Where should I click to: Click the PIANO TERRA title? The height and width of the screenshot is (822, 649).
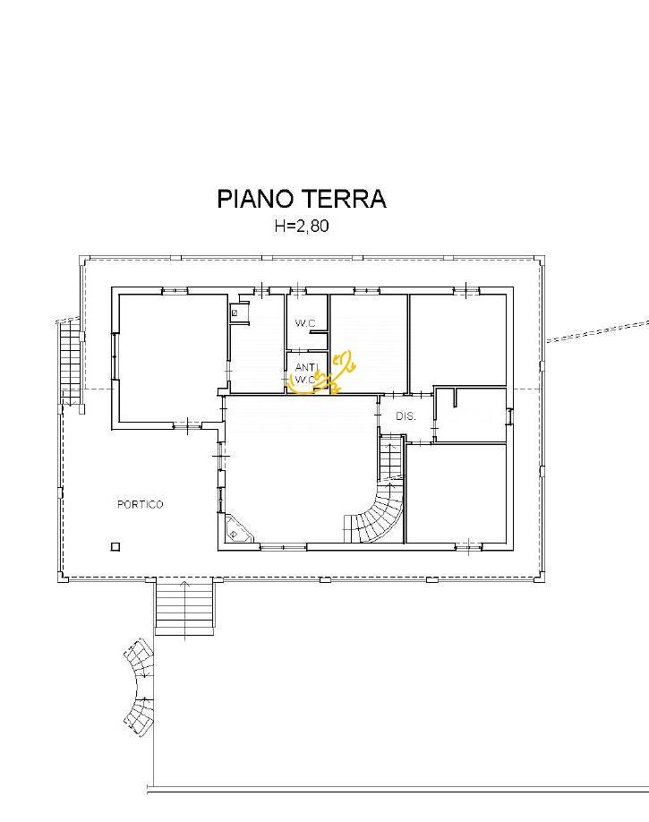tap(302, 199)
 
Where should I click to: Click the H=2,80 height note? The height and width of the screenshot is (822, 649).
tap(302, 226)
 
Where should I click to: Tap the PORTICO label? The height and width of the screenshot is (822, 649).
tap(140, 504)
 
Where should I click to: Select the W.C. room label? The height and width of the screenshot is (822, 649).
tap(305, 323)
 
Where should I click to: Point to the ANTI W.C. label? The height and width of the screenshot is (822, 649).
tap(306, 372)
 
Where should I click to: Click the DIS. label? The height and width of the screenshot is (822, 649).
tap(406, 416)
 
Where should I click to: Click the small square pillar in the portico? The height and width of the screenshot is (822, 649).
tap(115, 547)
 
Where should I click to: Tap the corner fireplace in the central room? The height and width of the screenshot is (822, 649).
tap(238, 529)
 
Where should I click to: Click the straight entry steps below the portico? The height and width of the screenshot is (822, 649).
tap(184, 606)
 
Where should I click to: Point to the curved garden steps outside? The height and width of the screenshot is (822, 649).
tap(140, 688)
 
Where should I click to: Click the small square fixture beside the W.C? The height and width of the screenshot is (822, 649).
tap(235, 313)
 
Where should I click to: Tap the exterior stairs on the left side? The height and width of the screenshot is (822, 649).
tap(70, 362)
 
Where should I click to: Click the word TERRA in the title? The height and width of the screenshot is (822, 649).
tap(344, 199)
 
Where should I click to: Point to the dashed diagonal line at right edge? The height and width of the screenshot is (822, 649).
tap(598, 332)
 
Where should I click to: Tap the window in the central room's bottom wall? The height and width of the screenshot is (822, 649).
tap(283, 547)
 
